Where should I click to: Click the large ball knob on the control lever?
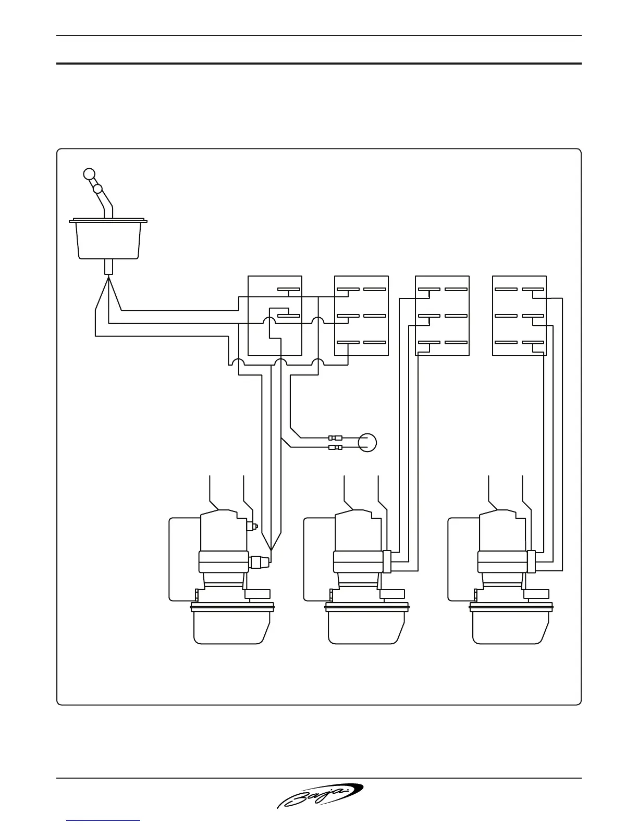(x=90, y=173)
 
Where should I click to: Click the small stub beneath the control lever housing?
(x=108, y=267)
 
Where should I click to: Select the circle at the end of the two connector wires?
(x=367, y=442)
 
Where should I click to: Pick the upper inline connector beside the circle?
(x=335, y=438)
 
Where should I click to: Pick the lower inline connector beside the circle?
(x=335, y=447)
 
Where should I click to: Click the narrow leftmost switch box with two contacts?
(x=275, y=316)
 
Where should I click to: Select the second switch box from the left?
(x=361, y=316)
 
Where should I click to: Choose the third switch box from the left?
(x=442, y=316)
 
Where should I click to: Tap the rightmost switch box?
(x=520, y=316)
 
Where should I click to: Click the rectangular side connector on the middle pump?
(x=387, y=562)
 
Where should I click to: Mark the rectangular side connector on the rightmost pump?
(x=531, y=562)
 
